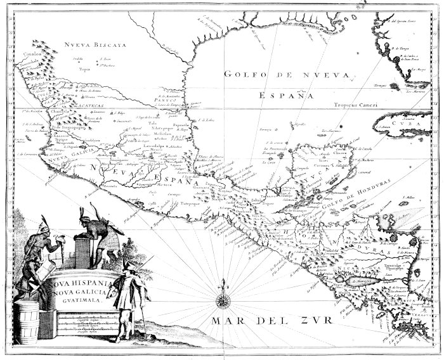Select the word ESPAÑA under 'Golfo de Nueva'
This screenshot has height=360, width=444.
(x=287, y=95)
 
